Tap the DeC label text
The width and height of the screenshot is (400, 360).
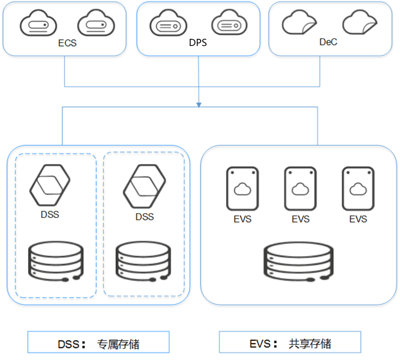point(329,42)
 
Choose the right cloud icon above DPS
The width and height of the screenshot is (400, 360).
point(227,24)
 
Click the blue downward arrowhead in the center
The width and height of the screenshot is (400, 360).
point(199,104)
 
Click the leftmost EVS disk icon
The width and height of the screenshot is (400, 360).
point(242,189)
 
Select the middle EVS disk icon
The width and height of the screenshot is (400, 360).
point(300,189)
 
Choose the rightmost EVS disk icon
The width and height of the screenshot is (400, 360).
point(358,189)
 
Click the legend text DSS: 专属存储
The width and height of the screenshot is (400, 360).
point(98,343)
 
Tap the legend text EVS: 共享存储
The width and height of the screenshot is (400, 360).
point(290,343)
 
